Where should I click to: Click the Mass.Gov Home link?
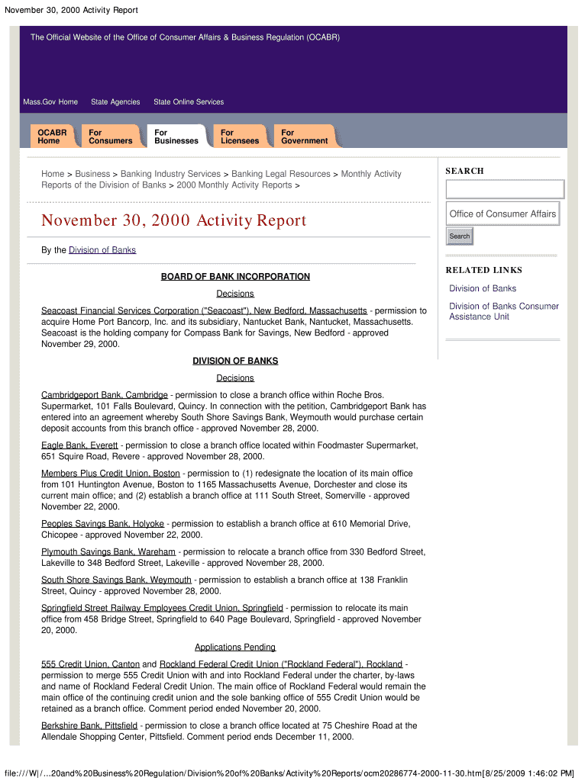[x=50, y=102]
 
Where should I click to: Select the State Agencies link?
[x=115, y=102]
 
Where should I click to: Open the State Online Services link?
[x=189, y=102]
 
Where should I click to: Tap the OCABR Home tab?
[x=52, y=137]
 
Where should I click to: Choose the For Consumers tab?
[x=110, y=137]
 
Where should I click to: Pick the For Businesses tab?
[x=176, y=137]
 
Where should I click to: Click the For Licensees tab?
[x=240, y=137]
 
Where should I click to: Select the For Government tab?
[x=304, y=137]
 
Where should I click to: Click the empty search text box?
[x=504, y=189]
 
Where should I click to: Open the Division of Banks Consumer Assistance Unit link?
[x=503, y=311]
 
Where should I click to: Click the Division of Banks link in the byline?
[x=102, y=250]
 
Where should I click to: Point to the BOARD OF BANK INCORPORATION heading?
[x=235, y=277]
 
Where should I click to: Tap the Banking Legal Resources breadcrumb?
[x=281, y=174]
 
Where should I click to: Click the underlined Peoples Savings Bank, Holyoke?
[x=102, y=524]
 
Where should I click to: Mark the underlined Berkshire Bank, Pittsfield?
[x=89, y=725]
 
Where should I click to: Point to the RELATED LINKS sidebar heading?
[x=484, y=270]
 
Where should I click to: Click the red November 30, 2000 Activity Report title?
[x=173, y=221]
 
